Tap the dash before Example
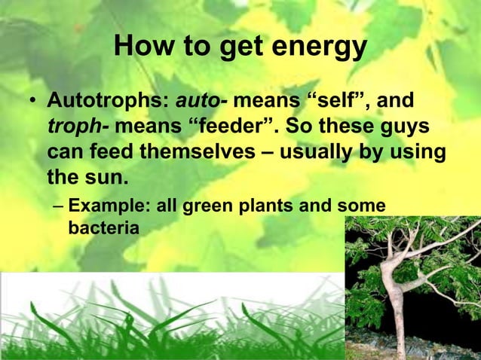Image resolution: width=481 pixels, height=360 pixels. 58,206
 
